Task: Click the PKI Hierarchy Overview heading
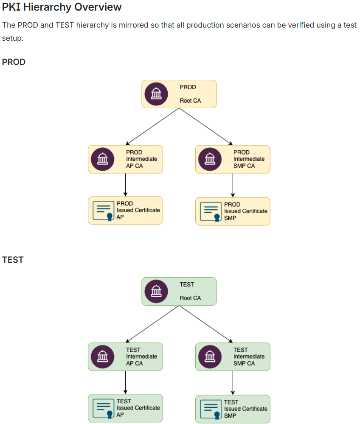tap(62, 7)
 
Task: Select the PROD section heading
tap(14, 62)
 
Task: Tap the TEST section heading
tap(13, 260)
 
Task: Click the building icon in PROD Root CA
tap(156, 94)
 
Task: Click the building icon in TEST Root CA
tap(156, 291)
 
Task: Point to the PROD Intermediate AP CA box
tap(125, 159)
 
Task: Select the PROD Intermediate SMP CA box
tap(233, 159)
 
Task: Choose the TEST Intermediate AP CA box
tap(125, 357)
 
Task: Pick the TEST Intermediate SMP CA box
tap(233, 357)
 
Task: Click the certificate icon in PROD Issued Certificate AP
tap(104, 211)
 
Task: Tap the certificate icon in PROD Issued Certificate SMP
tap(211, 211)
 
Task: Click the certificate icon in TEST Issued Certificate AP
tap(104, 408)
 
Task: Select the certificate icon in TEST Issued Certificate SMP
tap(211, 409)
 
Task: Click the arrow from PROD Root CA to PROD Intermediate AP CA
tap(152, 126)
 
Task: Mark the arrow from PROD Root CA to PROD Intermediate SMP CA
tap(206, 126)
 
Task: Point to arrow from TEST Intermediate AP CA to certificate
tap(125, 382)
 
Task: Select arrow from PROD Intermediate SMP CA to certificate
tap(233, 185)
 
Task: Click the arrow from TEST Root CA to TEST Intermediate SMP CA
tap(206, 324)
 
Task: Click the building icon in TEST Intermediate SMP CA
tap(210, 357)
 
